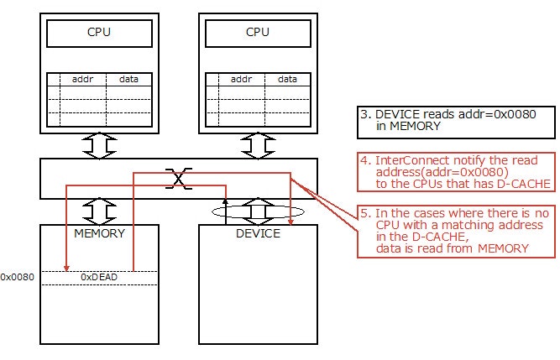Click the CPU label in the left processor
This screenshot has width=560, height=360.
point(98,33)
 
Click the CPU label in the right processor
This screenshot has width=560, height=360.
point(258,33)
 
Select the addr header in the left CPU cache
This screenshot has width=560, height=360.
point(82,80)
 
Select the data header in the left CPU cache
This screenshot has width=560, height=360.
point(128,80)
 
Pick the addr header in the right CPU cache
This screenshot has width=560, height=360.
point(241,80)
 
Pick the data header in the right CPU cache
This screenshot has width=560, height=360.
point(287,80)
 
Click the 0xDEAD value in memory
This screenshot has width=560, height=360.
point(98,276)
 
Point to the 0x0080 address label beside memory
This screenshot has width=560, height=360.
point(18,276)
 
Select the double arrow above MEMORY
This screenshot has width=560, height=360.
point(99,208)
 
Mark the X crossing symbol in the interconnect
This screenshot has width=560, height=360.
point(177,177)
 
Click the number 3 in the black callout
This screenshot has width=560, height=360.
point(364,114)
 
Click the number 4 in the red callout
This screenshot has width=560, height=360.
point(364,159)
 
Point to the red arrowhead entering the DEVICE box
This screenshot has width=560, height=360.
point(290,221)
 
